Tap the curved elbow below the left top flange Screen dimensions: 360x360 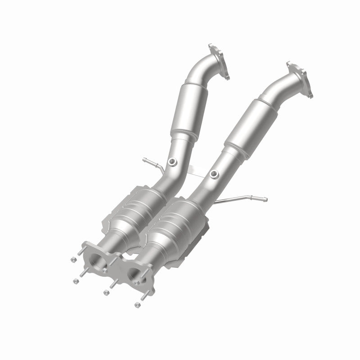pyautogui.click(x=201, y=72)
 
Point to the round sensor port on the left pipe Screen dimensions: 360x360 pyautogui.click(x=173, y=162)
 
